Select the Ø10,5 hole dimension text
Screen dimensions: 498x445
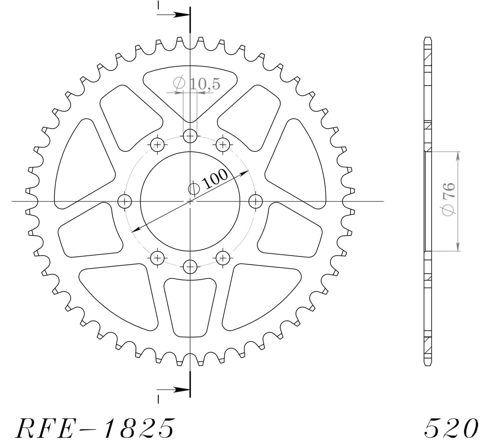point(196,84)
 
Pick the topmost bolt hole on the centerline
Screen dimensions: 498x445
point(190,136)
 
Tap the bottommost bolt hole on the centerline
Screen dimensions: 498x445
point(190,267)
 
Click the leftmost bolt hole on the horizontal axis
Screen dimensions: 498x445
point(125,201)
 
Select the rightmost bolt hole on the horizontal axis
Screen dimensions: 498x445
point(256,201)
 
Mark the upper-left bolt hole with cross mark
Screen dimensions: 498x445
point(157,145)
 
